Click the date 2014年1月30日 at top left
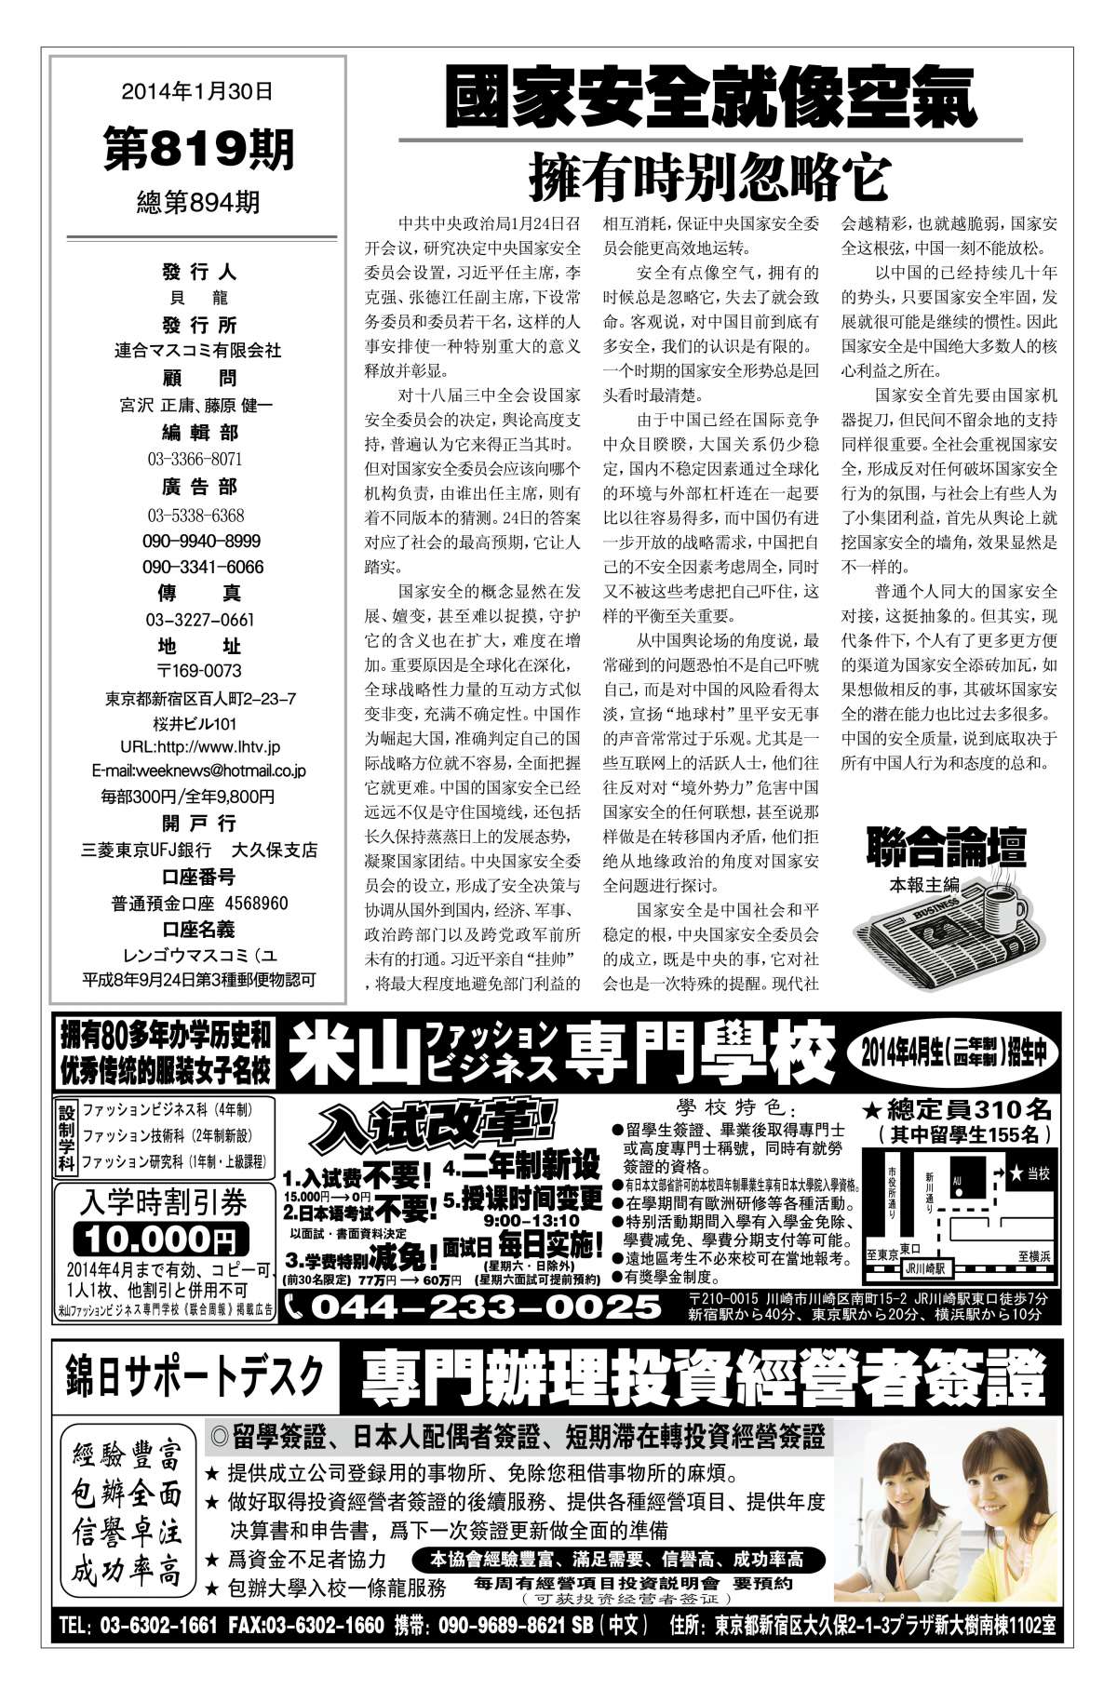tap(197, 91)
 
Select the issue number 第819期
tap(198, 148)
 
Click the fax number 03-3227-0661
tap(200, 620)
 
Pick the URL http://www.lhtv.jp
tap(200, 746)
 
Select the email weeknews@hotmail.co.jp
tap(199, 771)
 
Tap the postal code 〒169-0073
tap(199, 671)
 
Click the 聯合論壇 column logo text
tap(946, 848)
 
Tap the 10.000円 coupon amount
tap(164, 1239)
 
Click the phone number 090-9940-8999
tap(201, 541)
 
